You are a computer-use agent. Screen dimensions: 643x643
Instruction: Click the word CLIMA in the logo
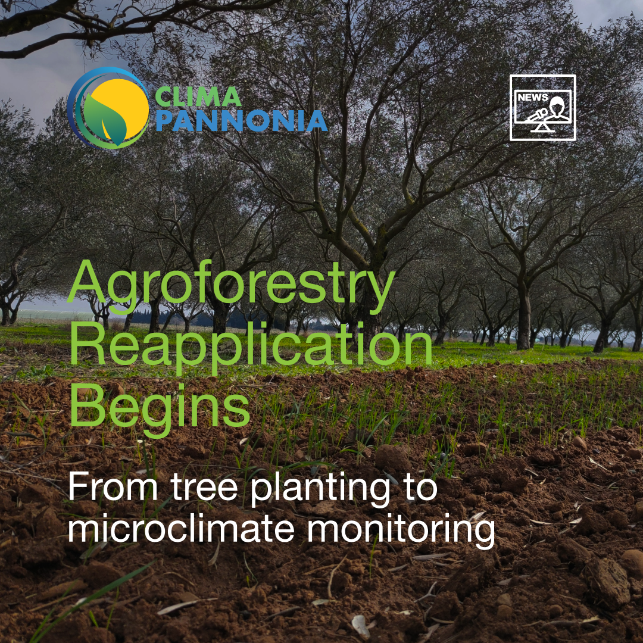tap(198, 97)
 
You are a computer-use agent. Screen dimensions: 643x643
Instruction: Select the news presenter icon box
tap(542, 108)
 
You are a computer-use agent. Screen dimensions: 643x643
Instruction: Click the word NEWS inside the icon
tap(532, 98)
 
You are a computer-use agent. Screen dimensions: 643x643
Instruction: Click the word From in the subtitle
tap(113, 486)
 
